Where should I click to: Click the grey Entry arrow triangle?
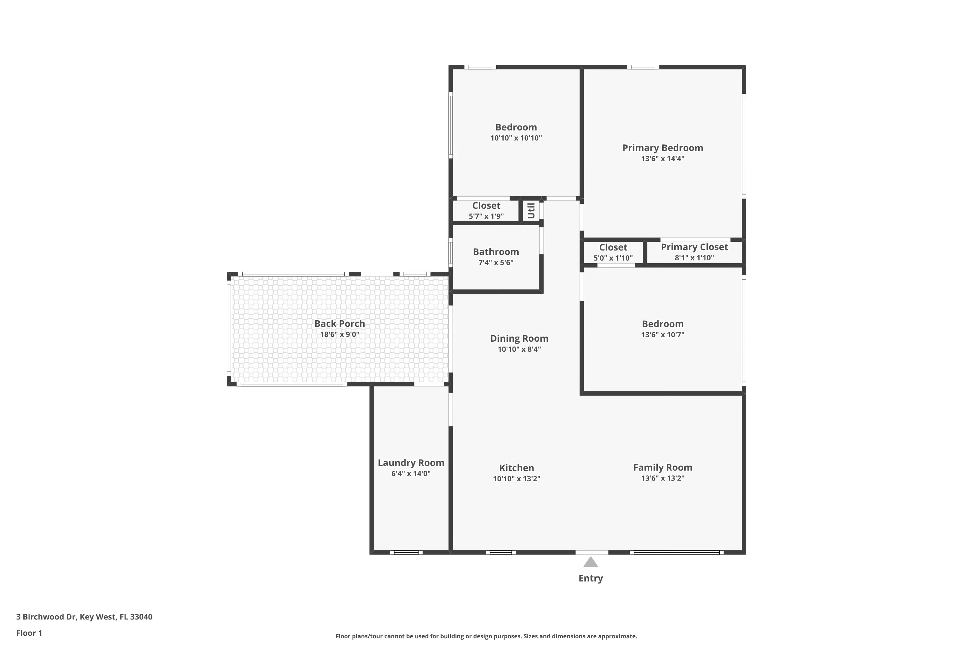(590, 562)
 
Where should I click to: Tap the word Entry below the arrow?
(590, 578)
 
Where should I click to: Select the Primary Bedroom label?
(662, 148)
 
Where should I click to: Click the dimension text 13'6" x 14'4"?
(662, 159)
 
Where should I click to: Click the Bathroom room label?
(496, 252)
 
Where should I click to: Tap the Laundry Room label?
(411, 463)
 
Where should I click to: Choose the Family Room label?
(662, 467)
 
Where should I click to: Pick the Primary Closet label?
(694, 247)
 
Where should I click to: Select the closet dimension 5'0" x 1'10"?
(613, 258)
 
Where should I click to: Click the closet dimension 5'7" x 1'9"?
(486, 216)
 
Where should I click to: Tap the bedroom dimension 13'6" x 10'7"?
(662, 335)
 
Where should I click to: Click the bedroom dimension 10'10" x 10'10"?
(516, 138)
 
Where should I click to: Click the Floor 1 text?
(29, 633)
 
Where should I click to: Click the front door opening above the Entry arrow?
(592, 552)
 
